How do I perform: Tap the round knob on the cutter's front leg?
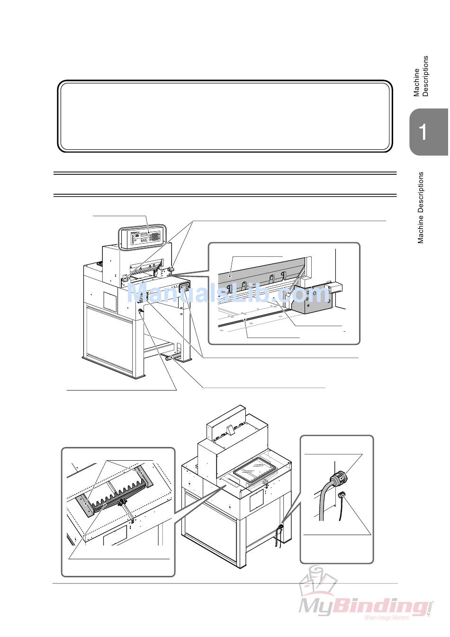pos(141,311)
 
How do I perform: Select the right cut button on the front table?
pos(171,268)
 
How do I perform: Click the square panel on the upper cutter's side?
pos(110,300)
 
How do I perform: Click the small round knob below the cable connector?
pos(341,495)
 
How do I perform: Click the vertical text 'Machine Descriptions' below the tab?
pos(420,208)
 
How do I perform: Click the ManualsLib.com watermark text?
pos(227,293)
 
